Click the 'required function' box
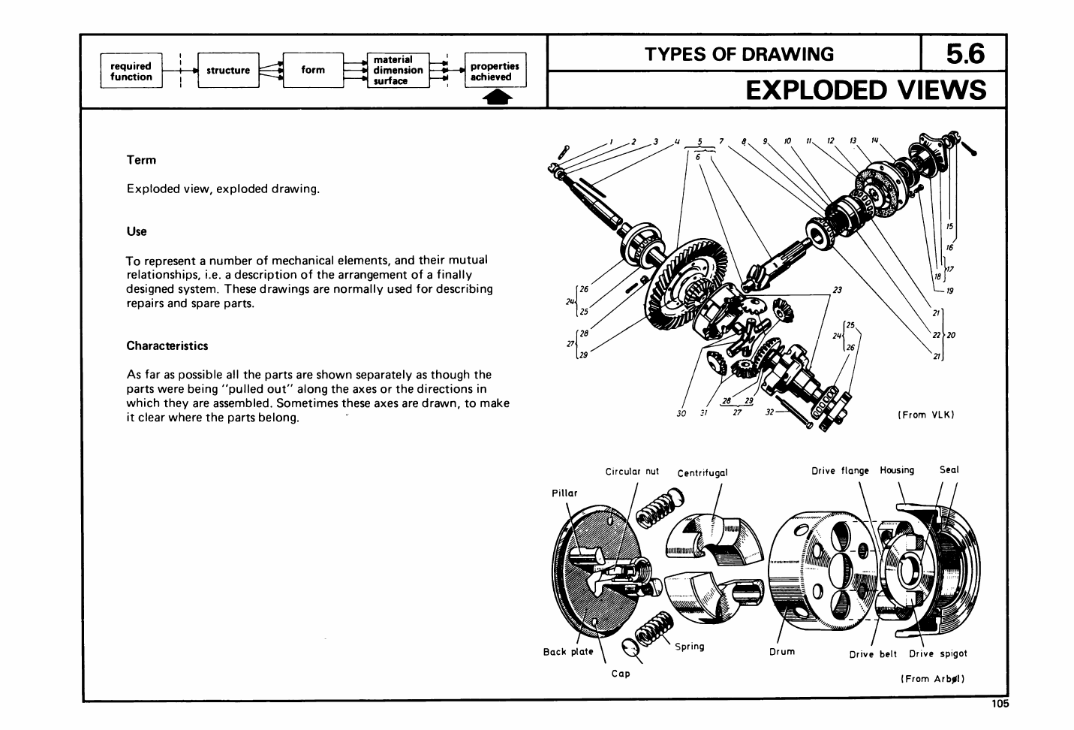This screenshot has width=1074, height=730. click(x=131, y=71)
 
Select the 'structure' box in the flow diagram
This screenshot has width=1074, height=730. click(x=228, y=71)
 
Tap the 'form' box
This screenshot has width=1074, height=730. click(x=313, y=71)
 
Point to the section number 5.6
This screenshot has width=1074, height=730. click(x=964, y=53)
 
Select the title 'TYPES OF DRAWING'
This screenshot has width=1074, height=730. click(x=739, y=54)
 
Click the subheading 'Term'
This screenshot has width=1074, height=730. click(x=141, y=160)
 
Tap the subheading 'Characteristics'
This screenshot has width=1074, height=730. click(x=167, y=346)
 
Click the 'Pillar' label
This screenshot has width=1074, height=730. click(x=564, y=493)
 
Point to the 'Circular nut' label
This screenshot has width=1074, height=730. click(x=632, y=472)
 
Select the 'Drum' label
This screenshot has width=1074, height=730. click(x=781, y=651)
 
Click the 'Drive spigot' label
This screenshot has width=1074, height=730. click(x=937, y=654)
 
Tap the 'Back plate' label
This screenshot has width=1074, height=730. click(x=568, y=652)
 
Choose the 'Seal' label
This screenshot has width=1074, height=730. click(x=949, y=470)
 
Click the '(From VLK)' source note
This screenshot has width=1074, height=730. click(x=925, y=415)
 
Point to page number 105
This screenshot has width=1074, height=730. click(x=999, y=704)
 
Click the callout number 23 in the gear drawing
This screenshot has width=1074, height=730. click(x=837, y=290)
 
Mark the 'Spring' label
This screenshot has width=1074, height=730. click(x=689, y=647)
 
